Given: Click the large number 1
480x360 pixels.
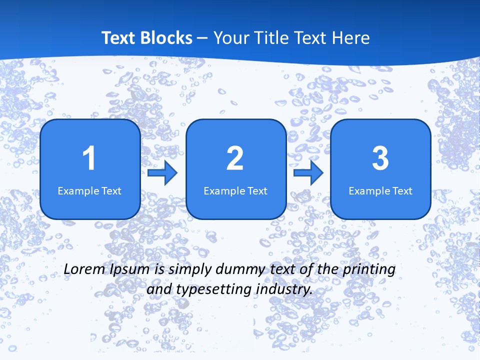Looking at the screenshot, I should click(89, 158).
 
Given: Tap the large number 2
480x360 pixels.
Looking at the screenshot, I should click(235, 158).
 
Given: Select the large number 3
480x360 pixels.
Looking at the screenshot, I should click(380, 158).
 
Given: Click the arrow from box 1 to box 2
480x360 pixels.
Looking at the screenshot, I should click(162, 173).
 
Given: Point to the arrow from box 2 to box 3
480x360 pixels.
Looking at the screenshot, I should click(308, 173).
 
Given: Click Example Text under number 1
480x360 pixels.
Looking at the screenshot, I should click(89, 190).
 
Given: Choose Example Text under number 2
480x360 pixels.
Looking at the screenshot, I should click(235, 190).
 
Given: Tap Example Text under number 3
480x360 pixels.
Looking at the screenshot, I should click(380, 190).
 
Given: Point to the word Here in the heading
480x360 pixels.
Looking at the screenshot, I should click(351, 38).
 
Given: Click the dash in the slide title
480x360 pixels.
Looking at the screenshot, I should click(202, 38).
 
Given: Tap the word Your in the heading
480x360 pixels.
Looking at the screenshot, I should click(229, 38).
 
